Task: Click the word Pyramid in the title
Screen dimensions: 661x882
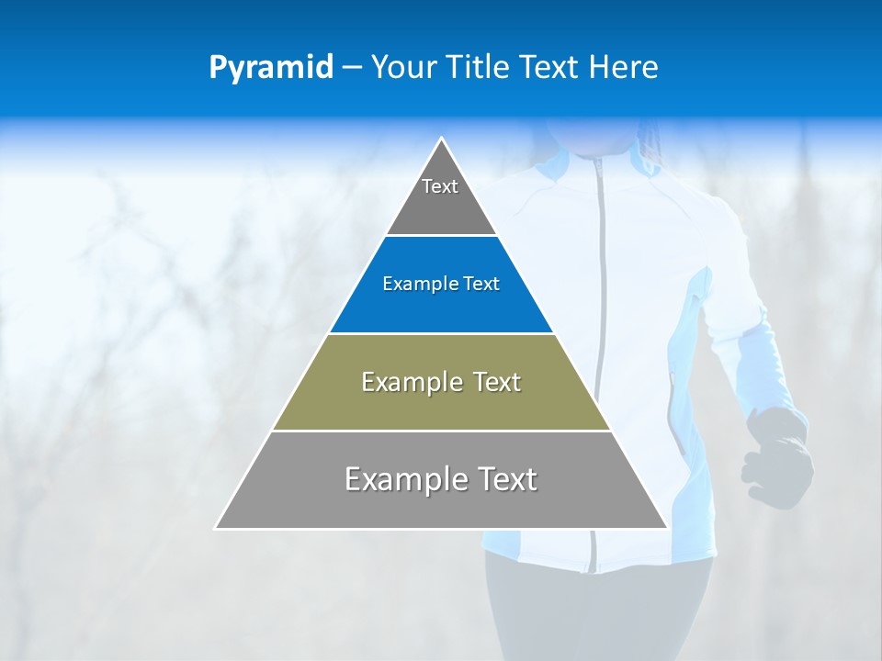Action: tap(271, 68)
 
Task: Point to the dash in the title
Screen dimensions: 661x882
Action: tap(352, 68)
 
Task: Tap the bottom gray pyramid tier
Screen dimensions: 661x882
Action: tap(441, 500)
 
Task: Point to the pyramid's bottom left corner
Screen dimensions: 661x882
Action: tap(217, 528)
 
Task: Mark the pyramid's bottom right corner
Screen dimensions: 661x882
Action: tap(666, 528)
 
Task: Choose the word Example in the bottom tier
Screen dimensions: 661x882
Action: tap(405, 479)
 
